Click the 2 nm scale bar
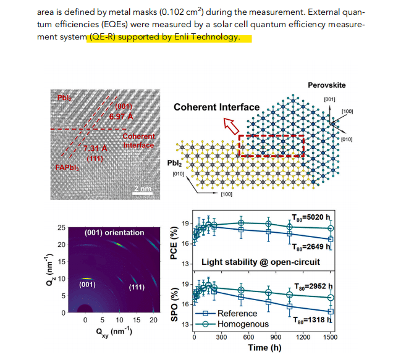pos(142,193)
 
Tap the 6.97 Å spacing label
pos(121,117)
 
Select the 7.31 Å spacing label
pos(95,149)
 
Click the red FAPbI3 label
pos(67,167)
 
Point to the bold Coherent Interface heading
pos(216,107)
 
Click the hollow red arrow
pos(231,126)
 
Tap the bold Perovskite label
pos(327,85)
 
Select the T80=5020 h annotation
pos(311,217)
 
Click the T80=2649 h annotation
pos(311,247)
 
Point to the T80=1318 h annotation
pos(313,320)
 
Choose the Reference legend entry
pos(226,314)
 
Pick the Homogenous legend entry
pos(232,324)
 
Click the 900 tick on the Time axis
pos(276,337)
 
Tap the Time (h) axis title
pos(264,348)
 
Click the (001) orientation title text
pos(114,232)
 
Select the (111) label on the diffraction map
pos(137,287)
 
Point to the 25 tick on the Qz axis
pos(61,227)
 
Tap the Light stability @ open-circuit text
pos(261,262)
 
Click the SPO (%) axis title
pos(174,304)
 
